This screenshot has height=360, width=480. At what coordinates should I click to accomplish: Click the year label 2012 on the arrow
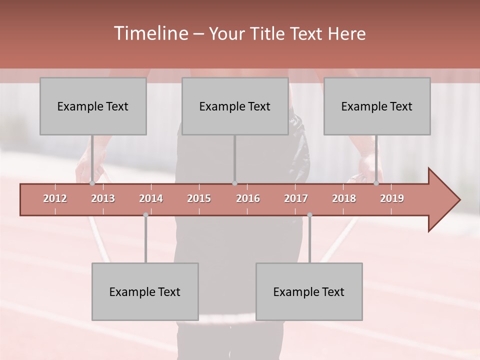click(x=55, y=198)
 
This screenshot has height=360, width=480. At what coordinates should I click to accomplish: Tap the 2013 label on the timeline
click(x=103, y=198)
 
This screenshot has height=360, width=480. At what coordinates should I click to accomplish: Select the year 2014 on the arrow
click(x=151, y=198)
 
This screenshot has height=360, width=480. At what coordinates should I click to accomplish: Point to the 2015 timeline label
click(x=199, y=198)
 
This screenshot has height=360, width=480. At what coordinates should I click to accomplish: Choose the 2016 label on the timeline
click(x=248, y=198)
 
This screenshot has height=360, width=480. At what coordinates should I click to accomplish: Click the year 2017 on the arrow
click(x=296, y=198)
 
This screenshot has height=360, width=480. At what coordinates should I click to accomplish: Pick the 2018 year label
click(x=344, y=198)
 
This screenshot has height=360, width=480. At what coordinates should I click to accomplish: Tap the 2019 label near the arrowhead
click(x=392, y=198)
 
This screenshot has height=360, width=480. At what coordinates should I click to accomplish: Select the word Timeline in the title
click(x=150, y=33)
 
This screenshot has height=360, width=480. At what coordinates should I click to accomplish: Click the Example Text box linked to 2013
click(x=93, y=106)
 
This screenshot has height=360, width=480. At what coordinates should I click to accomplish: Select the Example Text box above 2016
click(x=235, y=106)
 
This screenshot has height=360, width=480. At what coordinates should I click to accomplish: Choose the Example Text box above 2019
click(x=377, y=106)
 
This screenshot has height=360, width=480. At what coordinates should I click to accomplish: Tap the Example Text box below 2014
click(x=145, y=291)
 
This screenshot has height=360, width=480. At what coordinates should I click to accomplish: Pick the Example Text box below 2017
click(x=309, y=291)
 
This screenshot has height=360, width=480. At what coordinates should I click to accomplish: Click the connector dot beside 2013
click(x=92, y=183)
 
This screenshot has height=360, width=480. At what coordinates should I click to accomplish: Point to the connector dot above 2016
click(x=234, y=183)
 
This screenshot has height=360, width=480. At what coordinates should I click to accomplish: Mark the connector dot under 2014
click(x=145, y=215)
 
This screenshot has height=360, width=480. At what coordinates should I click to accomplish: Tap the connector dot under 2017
click(x=309, y=215)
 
